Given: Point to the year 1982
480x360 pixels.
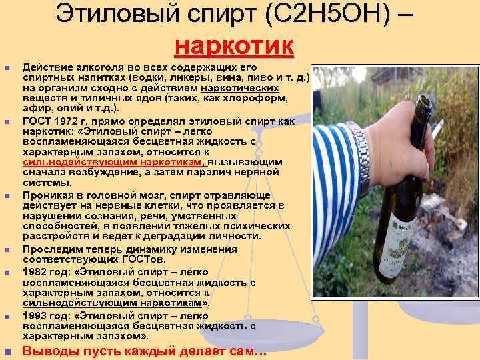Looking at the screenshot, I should [37, 272].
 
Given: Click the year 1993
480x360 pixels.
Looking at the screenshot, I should [37, 315].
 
